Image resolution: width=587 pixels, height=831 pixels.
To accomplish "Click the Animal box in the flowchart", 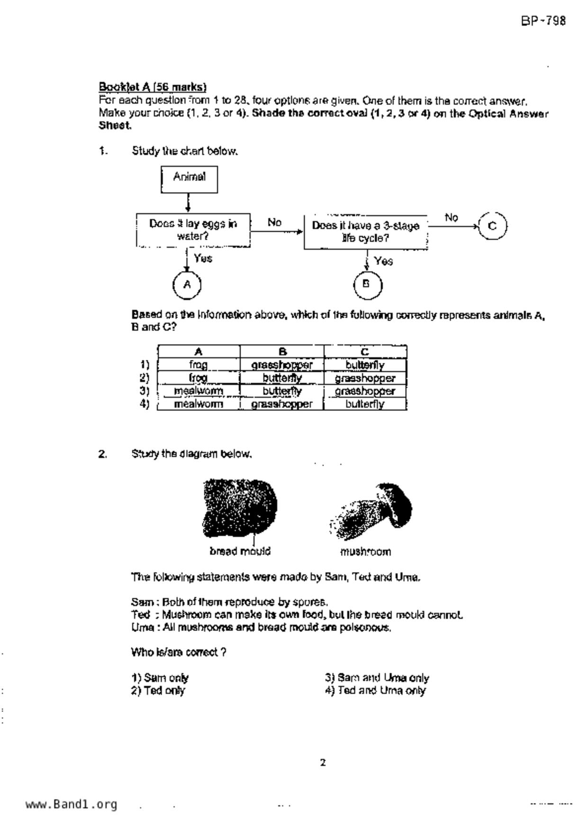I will tap(189, 179).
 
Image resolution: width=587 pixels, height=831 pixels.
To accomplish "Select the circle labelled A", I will tap(187, 285).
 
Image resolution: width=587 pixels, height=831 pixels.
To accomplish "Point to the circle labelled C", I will tap(493, 226).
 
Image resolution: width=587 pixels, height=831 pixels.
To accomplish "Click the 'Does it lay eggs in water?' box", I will tap(193, 230).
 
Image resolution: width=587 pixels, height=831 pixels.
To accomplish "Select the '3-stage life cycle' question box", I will tap(365, 232).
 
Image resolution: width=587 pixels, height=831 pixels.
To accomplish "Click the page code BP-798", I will tap(543, 21).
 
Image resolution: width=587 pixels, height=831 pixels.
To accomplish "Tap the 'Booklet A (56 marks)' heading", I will tap(153, 87).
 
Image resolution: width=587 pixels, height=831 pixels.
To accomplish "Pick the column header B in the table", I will tap(282, 352).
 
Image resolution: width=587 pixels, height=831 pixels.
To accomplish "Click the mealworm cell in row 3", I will tap(199, 391).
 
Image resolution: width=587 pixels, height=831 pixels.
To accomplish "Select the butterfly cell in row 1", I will tap(365, 365).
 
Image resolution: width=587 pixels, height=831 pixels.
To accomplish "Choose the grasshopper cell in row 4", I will tap(282, 404).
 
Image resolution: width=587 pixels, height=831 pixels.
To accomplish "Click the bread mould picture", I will tap(240, 508).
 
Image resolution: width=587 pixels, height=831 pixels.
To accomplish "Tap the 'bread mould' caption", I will tap(240, 551).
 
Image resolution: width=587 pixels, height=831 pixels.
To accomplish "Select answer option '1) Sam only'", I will tap(160, 678).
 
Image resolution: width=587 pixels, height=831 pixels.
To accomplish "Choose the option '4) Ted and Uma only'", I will tap(375, 690).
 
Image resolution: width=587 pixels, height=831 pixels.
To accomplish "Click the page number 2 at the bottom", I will tap(323, 763).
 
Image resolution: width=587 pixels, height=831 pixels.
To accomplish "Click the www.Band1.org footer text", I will tap(72, 804).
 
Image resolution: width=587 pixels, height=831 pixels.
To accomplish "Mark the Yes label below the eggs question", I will tap(203, 259).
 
